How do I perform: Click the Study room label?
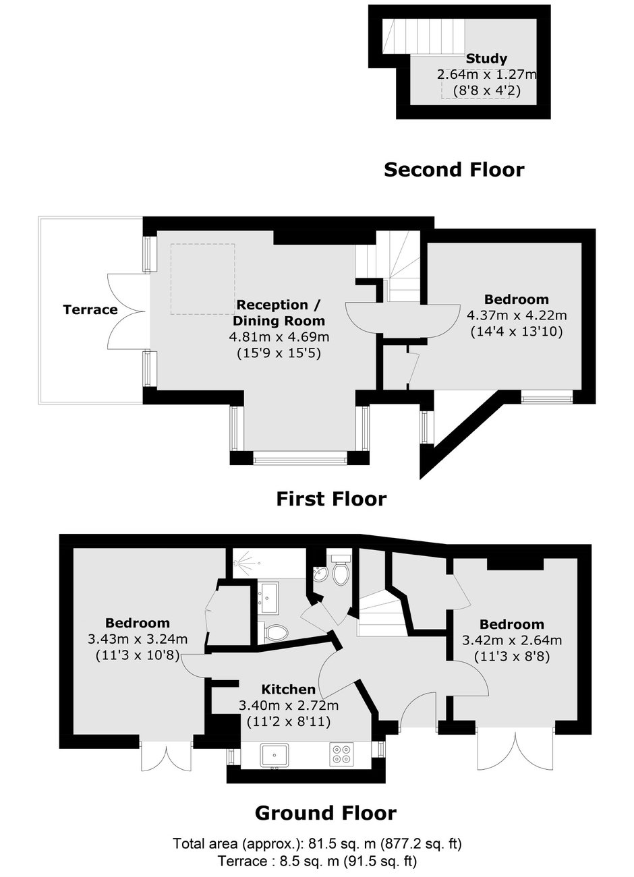pos(486,59)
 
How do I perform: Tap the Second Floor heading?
pos(454,170)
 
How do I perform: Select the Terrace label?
pos(90,309)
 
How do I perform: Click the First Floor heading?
pos(331,500)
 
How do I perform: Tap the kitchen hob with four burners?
pos(341,754)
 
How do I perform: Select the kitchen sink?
pos(275,755)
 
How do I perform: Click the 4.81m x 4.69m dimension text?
pos(279,337)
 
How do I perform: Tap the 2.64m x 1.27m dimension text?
pos(487,74)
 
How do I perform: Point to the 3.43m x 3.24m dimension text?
pos(138,639)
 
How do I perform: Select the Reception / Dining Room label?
pos(279,313)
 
